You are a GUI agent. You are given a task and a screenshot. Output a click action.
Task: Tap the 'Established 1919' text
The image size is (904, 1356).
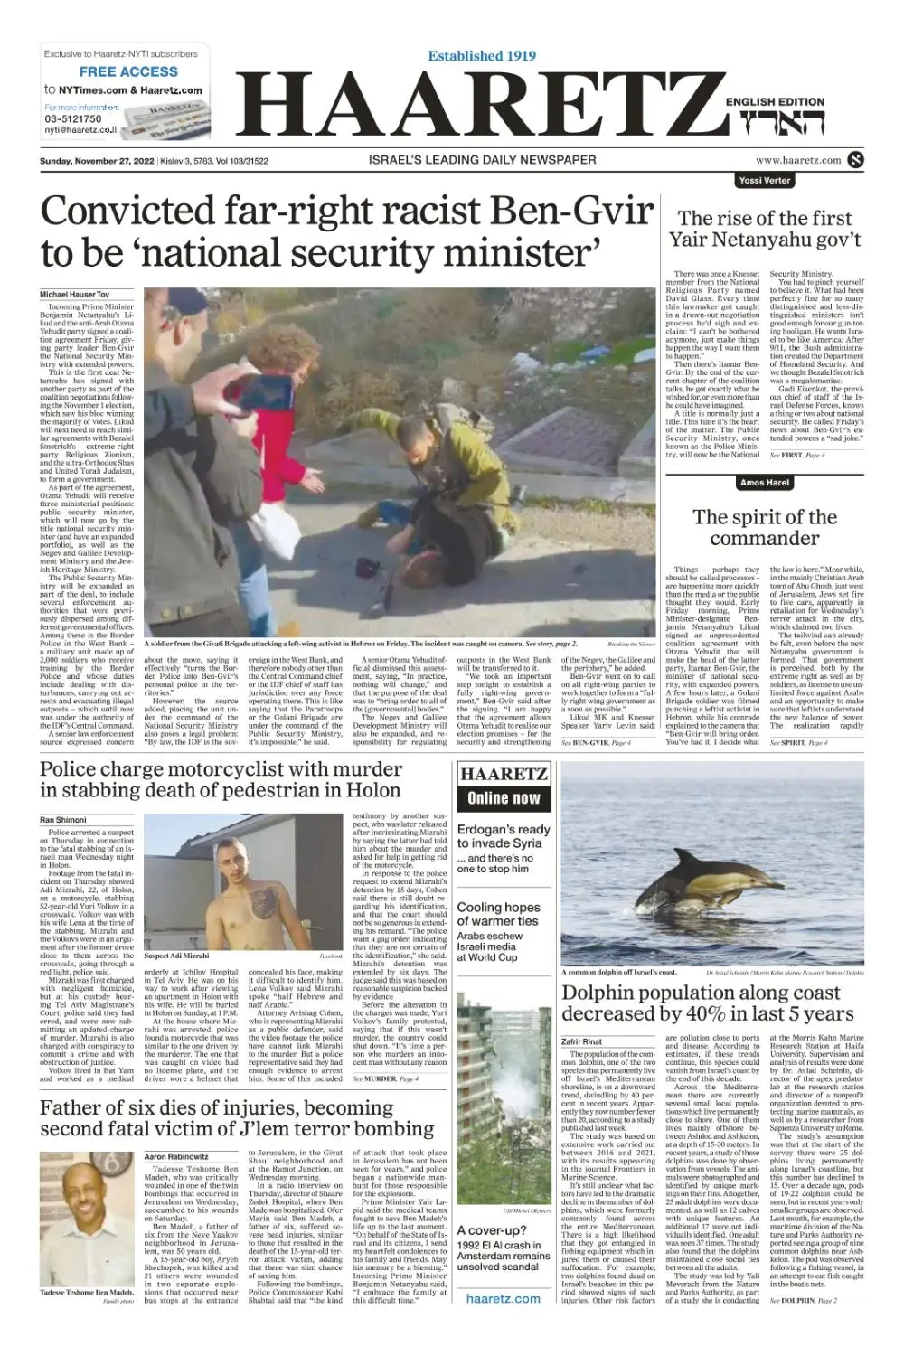click(x=482, y=56)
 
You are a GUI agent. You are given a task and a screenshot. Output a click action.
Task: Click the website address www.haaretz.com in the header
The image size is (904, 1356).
click(x=798, y=160)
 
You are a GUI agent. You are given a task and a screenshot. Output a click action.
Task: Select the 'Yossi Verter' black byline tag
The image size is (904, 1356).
click(x=764, y=180)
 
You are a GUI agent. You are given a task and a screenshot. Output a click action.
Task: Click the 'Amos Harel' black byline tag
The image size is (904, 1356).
click(x=764, y=483)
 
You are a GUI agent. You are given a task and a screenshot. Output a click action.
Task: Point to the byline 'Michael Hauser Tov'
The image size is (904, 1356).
click(x=74, y=295)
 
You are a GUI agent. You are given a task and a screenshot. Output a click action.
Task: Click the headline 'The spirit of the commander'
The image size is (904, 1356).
click(x=765, y=527)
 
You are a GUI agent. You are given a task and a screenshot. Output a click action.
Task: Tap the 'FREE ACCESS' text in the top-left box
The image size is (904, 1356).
click(x=128, y=71)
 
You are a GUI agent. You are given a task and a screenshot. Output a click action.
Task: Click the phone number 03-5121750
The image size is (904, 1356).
click(x=73, y=119)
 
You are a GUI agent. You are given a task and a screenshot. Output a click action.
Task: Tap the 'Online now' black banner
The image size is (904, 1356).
click(x=504, y=798)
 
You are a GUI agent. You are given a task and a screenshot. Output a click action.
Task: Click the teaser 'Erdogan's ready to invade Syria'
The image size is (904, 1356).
click(x=504, y=836)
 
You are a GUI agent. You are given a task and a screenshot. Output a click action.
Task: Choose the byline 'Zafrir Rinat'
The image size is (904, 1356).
click(x=581, y=1041)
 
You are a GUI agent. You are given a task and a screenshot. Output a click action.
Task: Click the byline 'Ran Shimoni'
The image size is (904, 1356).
click(x=62, y=820)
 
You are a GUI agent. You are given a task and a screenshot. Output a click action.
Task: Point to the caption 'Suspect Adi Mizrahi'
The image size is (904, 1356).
click(x=176, y=956)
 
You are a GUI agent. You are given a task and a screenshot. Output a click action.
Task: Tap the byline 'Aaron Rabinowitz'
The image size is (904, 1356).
click(x=176, y=1156)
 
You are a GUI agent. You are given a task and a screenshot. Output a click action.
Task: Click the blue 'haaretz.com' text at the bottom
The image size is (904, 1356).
click(x=504, y=1298)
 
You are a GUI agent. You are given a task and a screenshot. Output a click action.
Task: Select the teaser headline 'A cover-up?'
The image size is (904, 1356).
click(x=492, y=1230)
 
